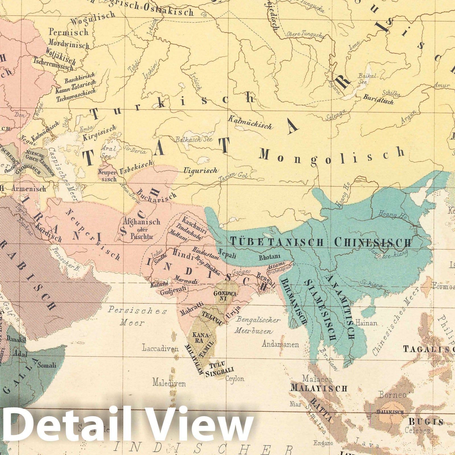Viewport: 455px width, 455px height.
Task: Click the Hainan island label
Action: click(x=367, y=323)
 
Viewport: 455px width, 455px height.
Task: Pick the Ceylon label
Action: click(x=235, y=379)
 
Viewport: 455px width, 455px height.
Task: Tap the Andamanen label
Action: click(x=280, y=345)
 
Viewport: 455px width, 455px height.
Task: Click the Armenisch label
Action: click(x=29, y=189)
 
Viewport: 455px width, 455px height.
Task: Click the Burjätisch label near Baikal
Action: click(x=378, y=99)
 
